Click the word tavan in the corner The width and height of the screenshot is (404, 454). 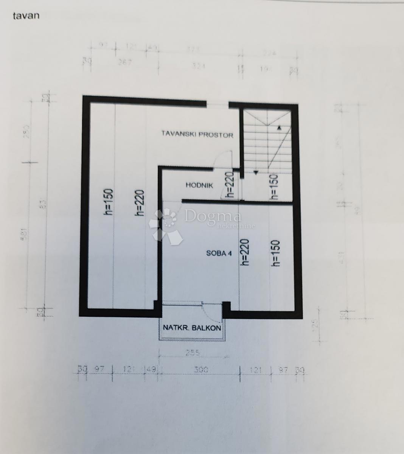(26, 16)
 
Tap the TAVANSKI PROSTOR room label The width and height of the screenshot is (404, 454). (197, 134)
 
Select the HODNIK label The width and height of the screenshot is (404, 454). (199, 185)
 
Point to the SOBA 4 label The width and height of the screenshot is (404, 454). (219, 253)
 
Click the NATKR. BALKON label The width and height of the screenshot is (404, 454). (192, 328)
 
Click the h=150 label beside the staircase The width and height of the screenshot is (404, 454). (275, 186)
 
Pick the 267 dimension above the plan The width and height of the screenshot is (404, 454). (124, 62)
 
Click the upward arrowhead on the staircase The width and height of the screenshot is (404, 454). (279, 128)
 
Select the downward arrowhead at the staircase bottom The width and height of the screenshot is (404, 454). (256, 173)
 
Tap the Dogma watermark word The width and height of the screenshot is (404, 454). (212, 217)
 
